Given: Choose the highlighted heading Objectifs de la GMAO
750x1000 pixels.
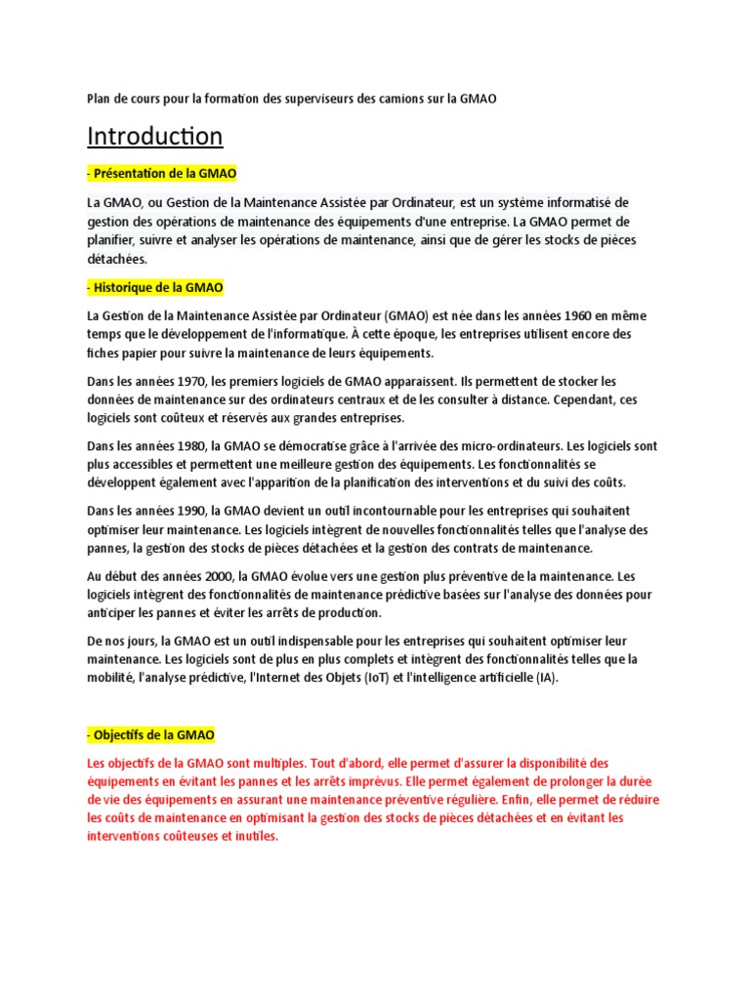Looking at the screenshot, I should [150, 734].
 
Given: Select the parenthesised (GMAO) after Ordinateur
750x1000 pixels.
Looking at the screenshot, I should [411, 315].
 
